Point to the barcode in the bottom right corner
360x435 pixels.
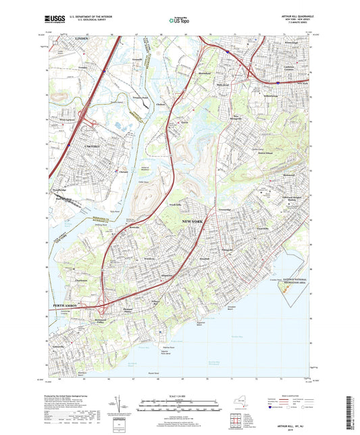(x=349, y=412)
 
